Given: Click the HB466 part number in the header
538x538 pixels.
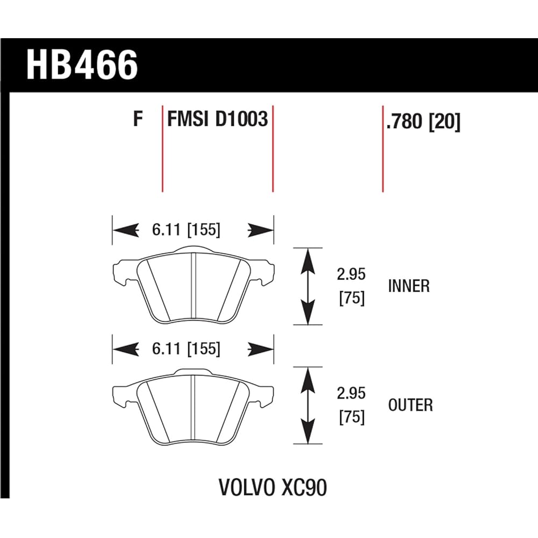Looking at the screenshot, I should pyautogui.click(x=82, y=66).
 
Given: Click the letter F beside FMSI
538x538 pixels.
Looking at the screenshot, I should pyautogui.click(x=138, y=119).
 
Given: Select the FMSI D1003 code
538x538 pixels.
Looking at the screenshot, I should pyautogui.click(x=217, y=119).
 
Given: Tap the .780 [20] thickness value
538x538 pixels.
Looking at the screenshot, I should pyautogui.click(x=423, y=122).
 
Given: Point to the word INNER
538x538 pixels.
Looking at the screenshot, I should pyautogui.click(x=409, y=286).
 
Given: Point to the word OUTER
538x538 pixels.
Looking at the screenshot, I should pyautogui.click(x=410, y=405).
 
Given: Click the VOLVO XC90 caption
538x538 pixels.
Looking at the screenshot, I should pyautogui.click(x=273, y=488).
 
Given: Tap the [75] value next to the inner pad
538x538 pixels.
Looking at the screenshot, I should pyautogui.click(x=352, y=298).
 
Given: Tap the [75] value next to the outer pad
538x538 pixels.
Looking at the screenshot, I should pyautogui.click(x=352, y=417).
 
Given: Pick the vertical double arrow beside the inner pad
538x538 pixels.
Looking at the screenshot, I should pyautogui.click(x=307, y=286).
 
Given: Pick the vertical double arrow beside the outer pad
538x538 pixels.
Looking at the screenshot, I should pyautogui.click(x=307, y=405).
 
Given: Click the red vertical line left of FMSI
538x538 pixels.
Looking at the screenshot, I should pyautogui.click(x=162, y=156).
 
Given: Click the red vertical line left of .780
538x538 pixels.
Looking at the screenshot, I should pyautogui.click(x=383, y=156).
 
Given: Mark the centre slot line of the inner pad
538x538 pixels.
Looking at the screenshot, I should pyautogui.click(x=194, y=288).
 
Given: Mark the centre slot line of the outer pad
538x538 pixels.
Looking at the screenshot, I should pyautogui.click(x=194, y=407).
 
